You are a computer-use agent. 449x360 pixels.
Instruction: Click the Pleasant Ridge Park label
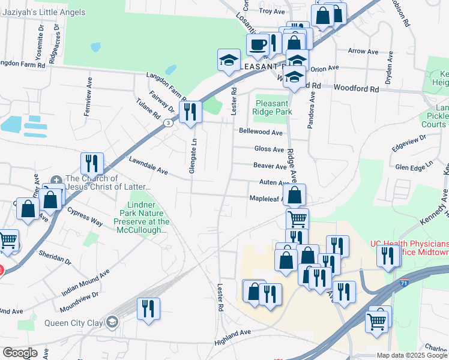point(272,107)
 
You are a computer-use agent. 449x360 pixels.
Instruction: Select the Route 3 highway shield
point(169,123)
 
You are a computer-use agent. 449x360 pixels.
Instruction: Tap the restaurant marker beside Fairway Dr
point(190,111)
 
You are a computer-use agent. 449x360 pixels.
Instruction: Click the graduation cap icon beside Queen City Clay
point(112,323)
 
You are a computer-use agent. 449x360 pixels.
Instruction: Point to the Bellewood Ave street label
point(260,132)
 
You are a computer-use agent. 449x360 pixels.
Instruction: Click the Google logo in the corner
point(20,353)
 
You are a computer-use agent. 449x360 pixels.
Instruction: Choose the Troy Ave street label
point(271,11)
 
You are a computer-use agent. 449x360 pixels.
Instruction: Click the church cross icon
point(56,179)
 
